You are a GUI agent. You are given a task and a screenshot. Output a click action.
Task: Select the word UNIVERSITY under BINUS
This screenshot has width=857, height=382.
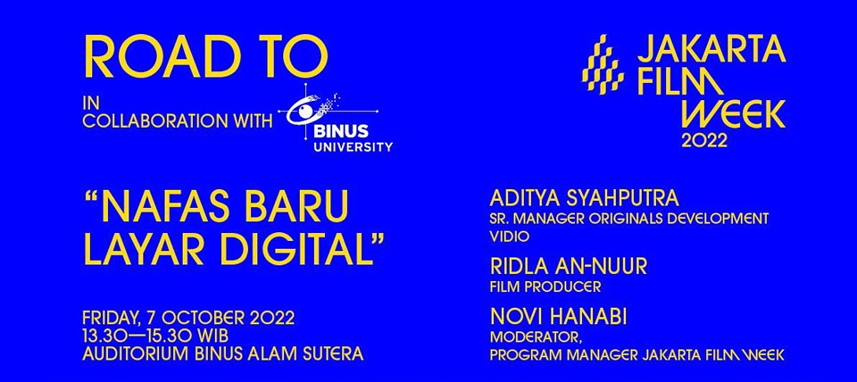(x=354, y=146)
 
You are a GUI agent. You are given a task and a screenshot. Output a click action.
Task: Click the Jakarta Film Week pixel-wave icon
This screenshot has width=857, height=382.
(x=603, y=64)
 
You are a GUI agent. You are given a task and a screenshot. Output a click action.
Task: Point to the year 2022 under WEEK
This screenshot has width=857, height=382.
(x=704, y=141)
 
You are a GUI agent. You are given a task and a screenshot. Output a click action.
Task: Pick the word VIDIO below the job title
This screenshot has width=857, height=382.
(x=510, y=237)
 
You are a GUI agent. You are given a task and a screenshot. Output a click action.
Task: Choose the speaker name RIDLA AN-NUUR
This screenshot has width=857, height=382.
(x=569, y=267)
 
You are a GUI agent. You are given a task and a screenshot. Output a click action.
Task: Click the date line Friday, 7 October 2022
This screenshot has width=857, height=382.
(x=188, y=318)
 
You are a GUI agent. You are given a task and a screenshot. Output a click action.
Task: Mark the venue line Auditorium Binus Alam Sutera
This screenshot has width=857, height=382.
(x=223, y=353)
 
